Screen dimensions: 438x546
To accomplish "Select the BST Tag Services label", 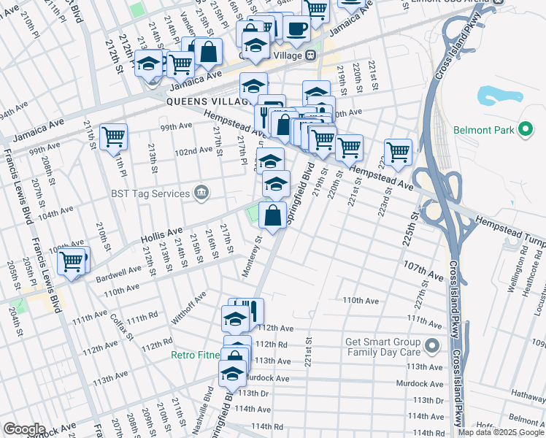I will click(151, 193).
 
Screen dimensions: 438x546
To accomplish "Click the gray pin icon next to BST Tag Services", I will click(202, 193).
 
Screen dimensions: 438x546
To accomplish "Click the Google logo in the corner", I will click(23, 429).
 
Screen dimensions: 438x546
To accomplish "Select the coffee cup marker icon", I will click(296, 28).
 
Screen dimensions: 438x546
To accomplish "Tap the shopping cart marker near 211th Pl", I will click(114, 137).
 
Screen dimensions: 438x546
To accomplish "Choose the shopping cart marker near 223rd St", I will click(398, 152).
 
